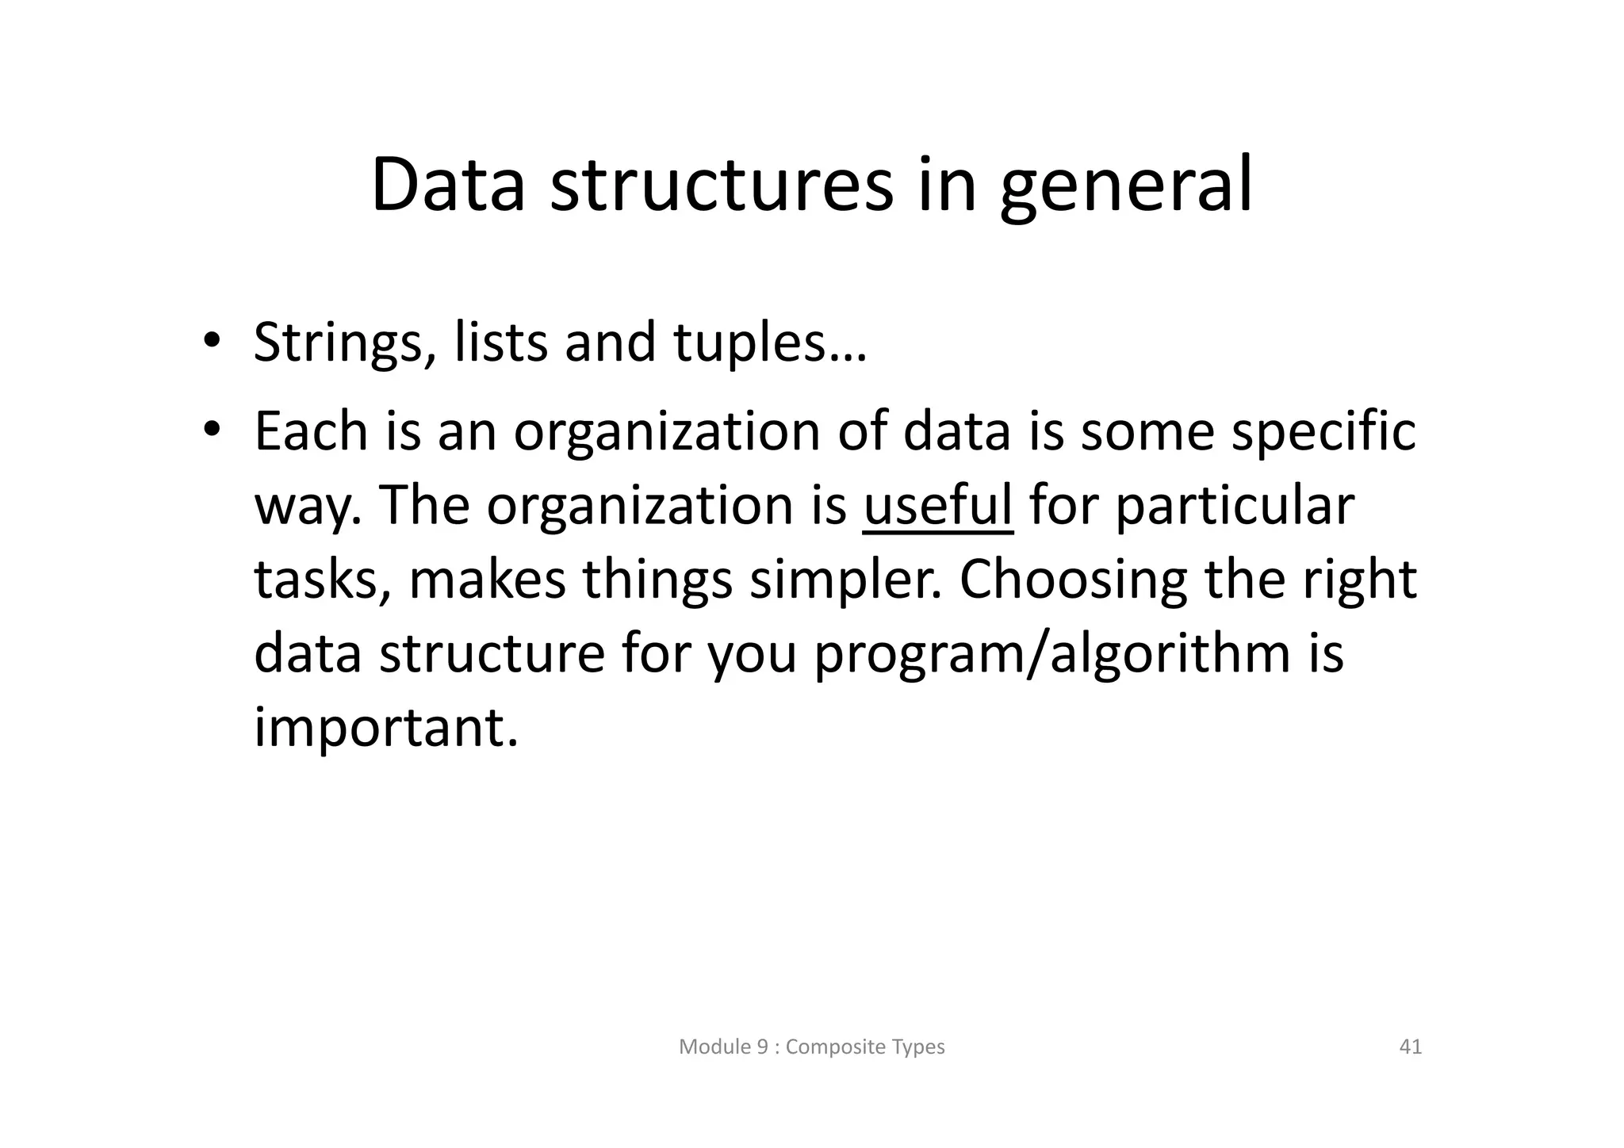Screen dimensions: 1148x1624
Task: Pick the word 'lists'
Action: tap(500, 342)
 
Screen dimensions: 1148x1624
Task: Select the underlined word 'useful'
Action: tap(937, 505)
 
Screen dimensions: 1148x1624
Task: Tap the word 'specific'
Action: tap(1323, 433)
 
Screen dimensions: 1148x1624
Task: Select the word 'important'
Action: tap(385, 727)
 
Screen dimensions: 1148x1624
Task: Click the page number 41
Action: tap(1410, 1047)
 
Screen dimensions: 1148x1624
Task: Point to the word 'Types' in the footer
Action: tap(918, 1047)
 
